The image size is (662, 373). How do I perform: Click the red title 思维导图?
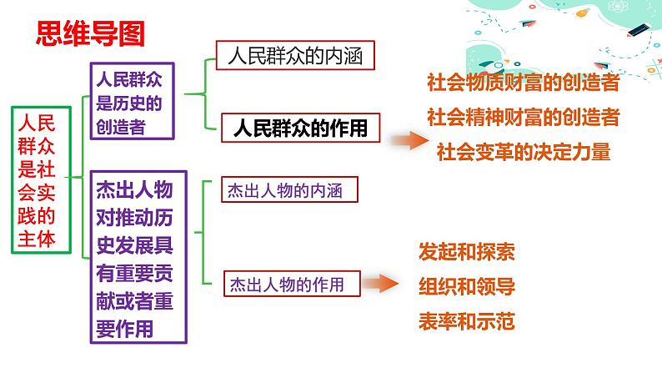[90, 33]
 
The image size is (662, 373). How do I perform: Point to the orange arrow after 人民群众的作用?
[409, 141]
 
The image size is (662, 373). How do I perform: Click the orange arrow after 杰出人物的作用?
[380, 283]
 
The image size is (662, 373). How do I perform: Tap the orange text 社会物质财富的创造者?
[524, 83]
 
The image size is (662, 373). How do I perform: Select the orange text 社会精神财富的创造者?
[524, 117]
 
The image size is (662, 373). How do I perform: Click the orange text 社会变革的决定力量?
[524, 152]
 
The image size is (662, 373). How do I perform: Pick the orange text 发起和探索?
[467, 252]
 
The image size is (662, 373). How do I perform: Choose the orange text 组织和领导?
[467, 286]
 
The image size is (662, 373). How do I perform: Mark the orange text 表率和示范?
[467, 321]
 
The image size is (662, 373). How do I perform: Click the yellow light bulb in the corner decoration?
[583, 13]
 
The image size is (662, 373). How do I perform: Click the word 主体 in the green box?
[37, 239]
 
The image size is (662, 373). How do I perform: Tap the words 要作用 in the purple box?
[124, 329]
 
